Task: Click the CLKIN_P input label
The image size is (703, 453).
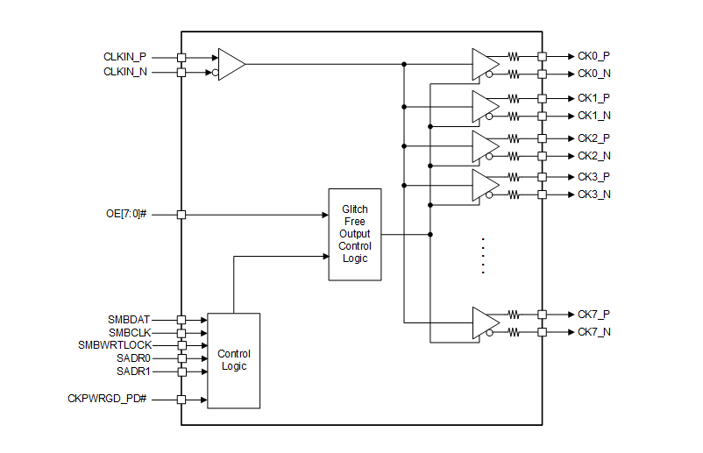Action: pyautogui.click(x=124, y=57)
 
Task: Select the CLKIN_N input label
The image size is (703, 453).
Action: pyautogui.click(x=124, y=72)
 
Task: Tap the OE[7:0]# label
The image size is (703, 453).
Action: pyautogui.click(x=130, y=215)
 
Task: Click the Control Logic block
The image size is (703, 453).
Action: pyautogui.click(x=233, y=360)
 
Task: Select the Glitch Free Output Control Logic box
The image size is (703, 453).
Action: pyautogui.click(x=355, y=234)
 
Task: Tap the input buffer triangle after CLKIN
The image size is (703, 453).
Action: pyautogui.click(x=231, y=64)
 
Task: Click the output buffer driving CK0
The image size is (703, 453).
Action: pyautogui.click(x=484, y=64)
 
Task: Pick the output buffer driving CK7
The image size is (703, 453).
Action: pyautogui.click(x=484, y=322)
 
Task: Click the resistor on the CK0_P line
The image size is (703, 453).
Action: pyautogui.click(x=514, y=56)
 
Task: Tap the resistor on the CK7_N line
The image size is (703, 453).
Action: pyautogui.click(x=514, y=332)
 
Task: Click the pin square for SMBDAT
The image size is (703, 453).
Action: pyautogui.click(x=181, y=320)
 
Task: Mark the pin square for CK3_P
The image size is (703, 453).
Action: pyautogui.click(x=543, y=177)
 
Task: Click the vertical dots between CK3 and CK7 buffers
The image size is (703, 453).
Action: pyautogui.click(x=483, y=256)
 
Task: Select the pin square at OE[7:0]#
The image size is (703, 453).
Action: pyautogui.click(x=181, y=215)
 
